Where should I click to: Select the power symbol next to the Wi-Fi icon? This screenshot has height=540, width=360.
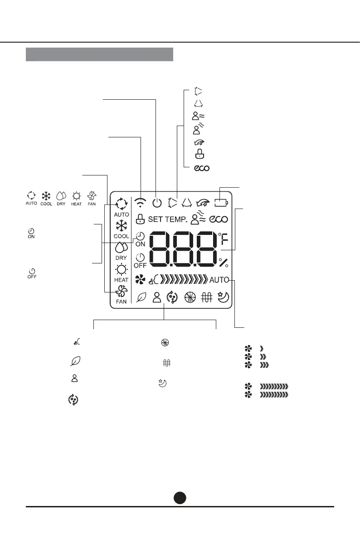157,203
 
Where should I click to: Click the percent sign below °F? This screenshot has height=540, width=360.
223,263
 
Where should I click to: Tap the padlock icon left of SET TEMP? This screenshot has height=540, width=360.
140,219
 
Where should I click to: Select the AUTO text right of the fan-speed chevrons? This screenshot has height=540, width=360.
219,280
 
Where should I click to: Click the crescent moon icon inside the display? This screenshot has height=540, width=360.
223,297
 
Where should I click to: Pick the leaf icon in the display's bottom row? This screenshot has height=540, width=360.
141,298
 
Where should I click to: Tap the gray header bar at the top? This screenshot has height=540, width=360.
99,54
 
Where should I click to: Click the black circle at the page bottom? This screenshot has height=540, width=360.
180,497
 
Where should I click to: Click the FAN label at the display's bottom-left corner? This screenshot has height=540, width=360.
121,302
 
